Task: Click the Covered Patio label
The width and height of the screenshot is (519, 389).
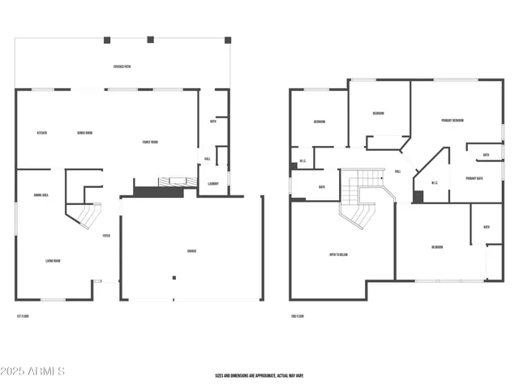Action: [123, 66]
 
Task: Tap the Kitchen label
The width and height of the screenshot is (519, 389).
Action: [41, 133]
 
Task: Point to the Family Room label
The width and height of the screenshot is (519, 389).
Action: [150, 142]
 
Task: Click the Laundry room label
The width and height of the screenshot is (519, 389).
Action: [213, 184]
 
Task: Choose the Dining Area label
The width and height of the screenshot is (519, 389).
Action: [41, 195]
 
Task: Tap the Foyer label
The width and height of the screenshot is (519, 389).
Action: [106, 236]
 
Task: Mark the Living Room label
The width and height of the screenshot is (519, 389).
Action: [53, 261]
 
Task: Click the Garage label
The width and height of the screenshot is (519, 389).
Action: [192, 250]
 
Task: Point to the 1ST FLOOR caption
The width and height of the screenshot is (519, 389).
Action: [24, 315]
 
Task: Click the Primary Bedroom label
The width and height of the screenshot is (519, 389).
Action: [453, 121]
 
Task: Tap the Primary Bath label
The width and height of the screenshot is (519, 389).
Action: [474, 178]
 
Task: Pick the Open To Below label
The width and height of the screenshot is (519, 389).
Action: [338, 255]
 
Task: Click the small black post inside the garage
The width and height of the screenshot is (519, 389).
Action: [173, 278]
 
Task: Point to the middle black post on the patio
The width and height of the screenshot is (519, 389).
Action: [150, 38]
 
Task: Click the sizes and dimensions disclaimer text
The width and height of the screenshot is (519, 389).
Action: [259, 375]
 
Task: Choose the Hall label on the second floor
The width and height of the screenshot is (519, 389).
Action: [397, 172]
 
